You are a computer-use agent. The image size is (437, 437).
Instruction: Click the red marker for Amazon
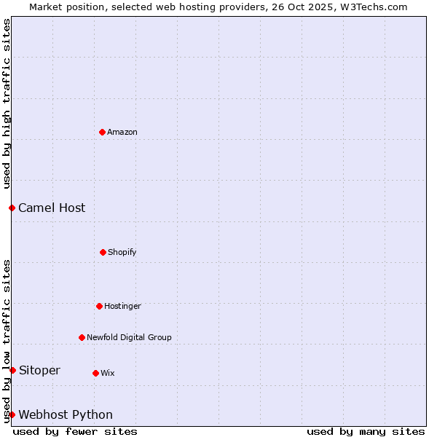pos(102,132)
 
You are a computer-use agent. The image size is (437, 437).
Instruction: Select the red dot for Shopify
pos(103,252)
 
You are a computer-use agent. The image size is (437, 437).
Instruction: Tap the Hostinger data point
pos(99,306)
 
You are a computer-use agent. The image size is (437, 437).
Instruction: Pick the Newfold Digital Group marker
pos(82,337)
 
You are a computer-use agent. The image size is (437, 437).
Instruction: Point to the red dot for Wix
pos(95,373)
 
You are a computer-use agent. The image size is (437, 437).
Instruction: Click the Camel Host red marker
pos(12,208)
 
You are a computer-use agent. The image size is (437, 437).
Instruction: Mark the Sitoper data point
pos(12,370)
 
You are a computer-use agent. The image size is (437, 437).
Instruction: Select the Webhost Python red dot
pos(12,414)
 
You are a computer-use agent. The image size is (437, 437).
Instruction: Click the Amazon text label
pos(122,133)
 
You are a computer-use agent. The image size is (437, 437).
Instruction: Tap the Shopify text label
pos(122,253)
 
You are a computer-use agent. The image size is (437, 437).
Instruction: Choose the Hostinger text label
pos(122,307)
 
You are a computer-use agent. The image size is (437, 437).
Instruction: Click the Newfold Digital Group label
pos(130,338)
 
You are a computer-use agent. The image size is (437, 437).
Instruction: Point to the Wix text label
pos(108,374)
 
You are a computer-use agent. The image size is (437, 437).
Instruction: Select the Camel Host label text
pos(52,208)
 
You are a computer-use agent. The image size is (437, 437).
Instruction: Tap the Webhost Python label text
pos(66,415)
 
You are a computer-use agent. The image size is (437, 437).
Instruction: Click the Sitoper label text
pos(39,371)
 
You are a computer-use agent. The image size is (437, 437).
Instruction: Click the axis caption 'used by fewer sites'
pos(75,431)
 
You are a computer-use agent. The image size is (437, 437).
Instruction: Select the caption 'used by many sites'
pos(366,431)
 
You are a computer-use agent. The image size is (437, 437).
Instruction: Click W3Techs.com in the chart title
pos(374,7)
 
